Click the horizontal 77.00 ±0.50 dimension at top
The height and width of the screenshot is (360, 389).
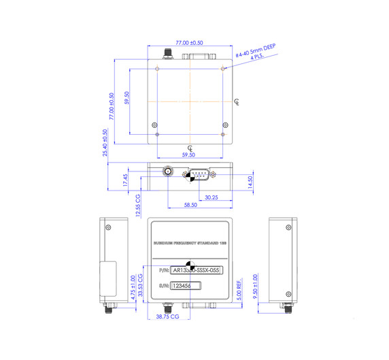190,42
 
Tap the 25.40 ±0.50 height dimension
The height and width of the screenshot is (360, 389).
105,144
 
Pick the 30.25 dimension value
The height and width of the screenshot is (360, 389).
211,197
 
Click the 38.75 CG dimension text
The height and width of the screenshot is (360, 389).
167,317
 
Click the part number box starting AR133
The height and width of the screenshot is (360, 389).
197,270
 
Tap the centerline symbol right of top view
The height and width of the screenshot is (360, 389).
236,102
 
